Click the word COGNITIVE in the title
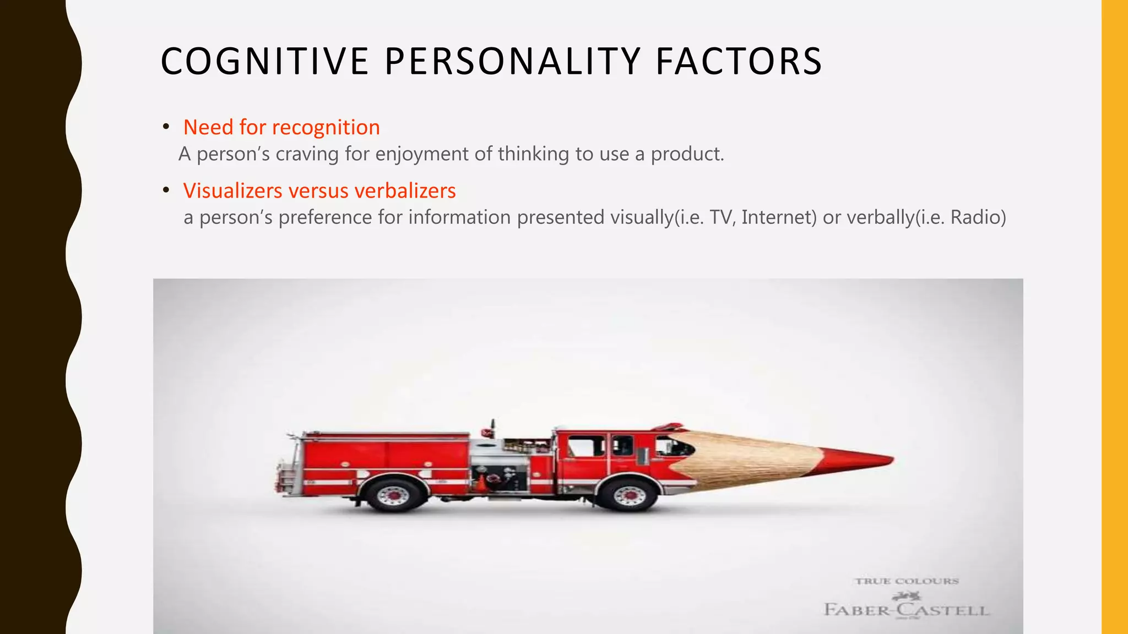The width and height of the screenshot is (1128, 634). [264, 61]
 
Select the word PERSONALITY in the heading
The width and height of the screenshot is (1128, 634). [512, 61]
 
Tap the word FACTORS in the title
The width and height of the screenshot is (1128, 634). [739, 61]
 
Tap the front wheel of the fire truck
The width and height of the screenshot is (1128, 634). [628, 494]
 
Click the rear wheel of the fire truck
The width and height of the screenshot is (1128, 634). [394, 494]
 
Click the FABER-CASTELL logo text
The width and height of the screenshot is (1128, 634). [907, 610]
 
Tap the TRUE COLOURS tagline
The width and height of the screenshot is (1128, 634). [907, 581]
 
